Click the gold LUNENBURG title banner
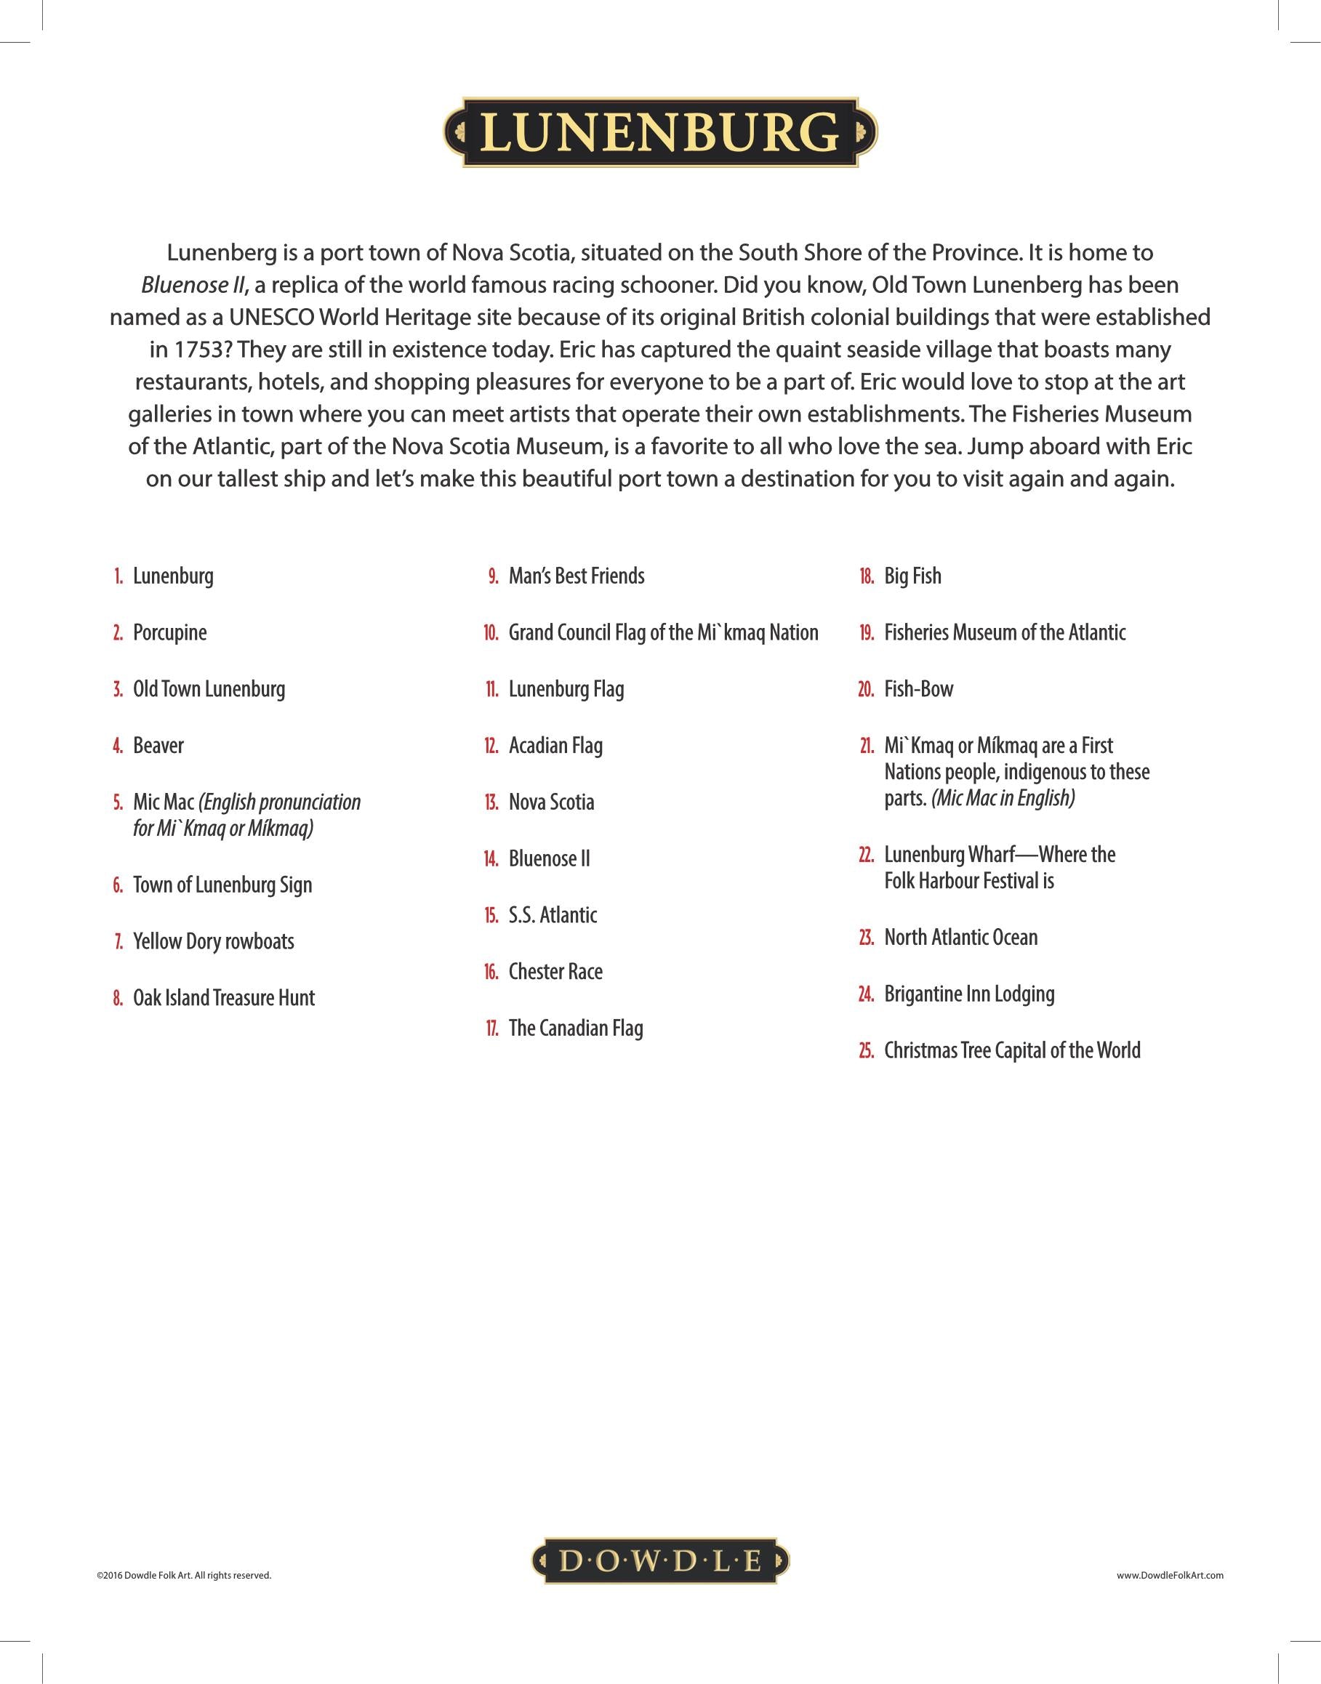[659, 132]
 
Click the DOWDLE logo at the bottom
[659, 1560]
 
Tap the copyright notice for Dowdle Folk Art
[184, 1575]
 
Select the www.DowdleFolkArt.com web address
[1169, 1575]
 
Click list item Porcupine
[169, 632]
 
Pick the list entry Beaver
[158, 746]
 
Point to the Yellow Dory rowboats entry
[213, 941]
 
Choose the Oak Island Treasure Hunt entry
[223, 997]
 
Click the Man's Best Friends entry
[577, 576]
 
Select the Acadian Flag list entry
[555, 746]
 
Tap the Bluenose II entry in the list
[549, 858]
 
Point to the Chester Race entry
[555, 971]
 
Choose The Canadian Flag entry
[575, 1028]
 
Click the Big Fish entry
[912, 576]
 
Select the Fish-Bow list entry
[919, 689]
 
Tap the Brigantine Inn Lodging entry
[969, 994]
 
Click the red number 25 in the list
[866, 1051]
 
